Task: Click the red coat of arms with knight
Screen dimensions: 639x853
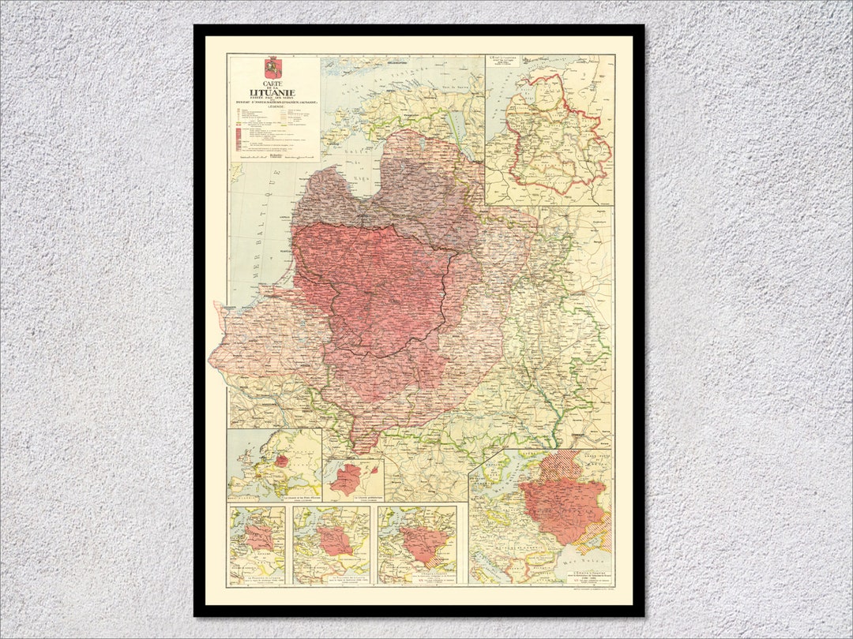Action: tap(272, 67)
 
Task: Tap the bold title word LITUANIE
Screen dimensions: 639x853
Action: tap(272, 92)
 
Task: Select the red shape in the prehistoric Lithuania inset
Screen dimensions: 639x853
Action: tap(346, 480)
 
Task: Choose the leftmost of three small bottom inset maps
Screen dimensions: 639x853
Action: tap(257, 544)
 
